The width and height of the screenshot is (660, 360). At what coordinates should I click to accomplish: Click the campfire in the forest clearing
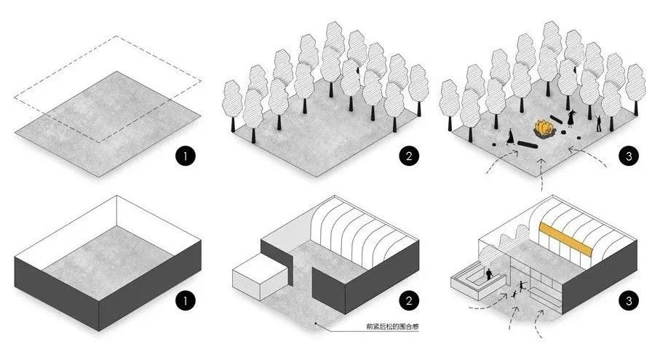pos(542,129)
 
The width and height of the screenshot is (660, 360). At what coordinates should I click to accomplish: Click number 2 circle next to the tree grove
pos(408,155)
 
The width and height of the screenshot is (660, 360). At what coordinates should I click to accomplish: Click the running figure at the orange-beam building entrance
pos(517,293)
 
